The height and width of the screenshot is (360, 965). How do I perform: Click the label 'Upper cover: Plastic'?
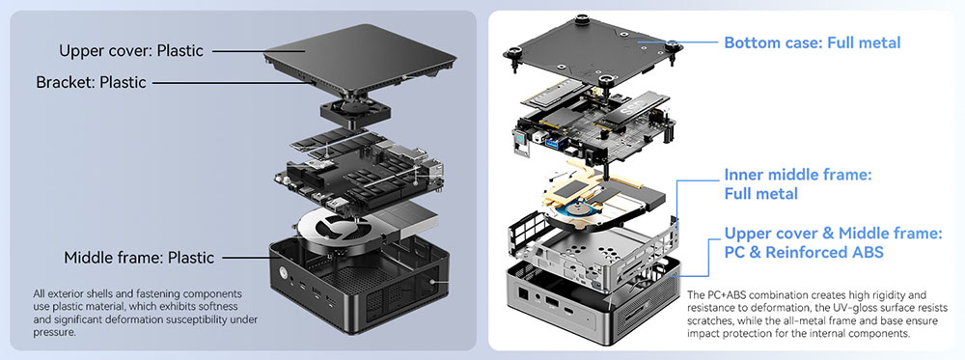131,50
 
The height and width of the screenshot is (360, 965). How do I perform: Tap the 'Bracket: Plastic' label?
91,82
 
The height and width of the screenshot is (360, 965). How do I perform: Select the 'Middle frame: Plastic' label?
139,258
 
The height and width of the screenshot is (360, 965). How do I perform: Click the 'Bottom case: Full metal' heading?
813,42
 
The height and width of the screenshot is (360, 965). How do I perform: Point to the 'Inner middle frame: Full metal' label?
798,184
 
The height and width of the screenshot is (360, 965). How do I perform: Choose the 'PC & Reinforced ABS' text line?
804,252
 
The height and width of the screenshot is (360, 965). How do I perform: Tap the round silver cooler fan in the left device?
336,232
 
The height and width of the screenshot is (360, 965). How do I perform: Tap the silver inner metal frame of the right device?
593,252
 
